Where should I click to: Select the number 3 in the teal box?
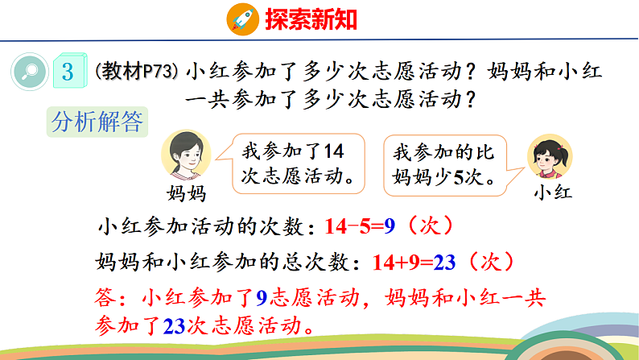point(68,72)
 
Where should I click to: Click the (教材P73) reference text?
point(136,72)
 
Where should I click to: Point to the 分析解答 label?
point(97,122)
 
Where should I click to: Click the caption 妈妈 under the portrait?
point(186,193)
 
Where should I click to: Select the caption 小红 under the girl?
point(552,193)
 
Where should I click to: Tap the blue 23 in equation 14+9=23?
point(443,262)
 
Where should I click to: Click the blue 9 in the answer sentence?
point(261,299)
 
